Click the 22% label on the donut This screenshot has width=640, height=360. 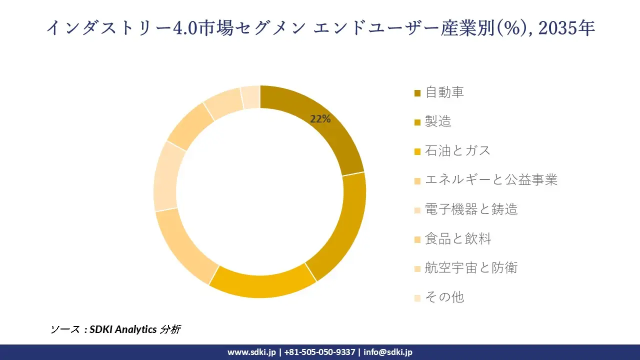coord(320,119)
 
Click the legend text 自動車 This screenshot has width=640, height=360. coord(444,92)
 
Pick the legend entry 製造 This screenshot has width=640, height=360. coord(438,121)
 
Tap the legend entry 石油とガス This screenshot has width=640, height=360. coord(457,151)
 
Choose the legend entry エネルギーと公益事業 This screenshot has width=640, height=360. coord(491,180)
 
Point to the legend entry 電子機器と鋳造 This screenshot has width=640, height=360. coord(471,209)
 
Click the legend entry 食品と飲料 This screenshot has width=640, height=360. coord(458,239)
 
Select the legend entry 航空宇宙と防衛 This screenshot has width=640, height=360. coord(471,268)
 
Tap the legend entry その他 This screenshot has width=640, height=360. coord(444,297)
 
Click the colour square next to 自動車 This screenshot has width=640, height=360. coord(417,93)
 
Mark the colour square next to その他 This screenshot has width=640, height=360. coord(417,298)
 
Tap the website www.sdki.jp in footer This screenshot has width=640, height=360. coord(251,352)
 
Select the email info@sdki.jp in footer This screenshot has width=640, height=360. coord(387,352)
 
